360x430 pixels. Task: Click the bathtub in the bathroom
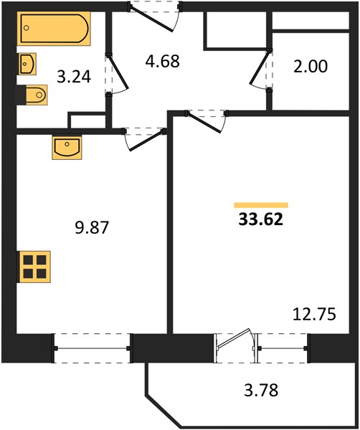point(54,28)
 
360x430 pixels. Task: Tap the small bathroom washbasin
point(27,64)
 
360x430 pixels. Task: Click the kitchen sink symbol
point(67,147)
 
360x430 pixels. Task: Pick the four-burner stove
point(34,267)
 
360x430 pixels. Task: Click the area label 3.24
point(74,77)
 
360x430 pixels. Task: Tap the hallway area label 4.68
point(163,61)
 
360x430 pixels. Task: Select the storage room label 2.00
point(311,67)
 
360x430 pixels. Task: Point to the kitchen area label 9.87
point(92,228)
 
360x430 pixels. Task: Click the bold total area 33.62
point(260,219)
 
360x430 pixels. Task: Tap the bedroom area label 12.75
point(314,315)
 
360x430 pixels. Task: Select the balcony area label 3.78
point(261,390)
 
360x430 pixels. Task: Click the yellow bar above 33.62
point(261,205)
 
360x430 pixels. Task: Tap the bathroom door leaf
point(118,72)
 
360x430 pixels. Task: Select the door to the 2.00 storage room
point(260,67)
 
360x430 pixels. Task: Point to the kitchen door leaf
point(147,140)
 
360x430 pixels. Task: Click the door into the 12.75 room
point(204,123)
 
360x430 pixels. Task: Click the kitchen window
point(92,348)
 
